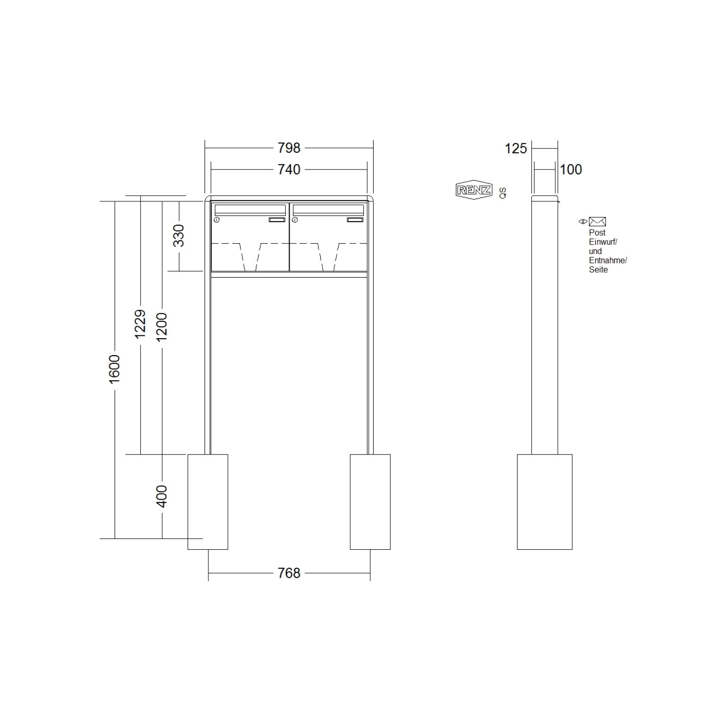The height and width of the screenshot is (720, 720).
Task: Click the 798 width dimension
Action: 289,148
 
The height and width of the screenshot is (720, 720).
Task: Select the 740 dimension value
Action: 289,170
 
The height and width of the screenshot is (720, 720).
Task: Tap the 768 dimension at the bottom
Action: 289,573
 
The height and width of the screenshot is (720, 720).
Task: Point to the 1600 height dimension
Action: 115,369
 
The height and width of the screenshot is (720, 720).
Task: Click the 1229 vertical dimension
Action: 140,323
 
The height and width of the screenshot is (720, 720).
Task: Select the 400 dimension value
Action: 162,496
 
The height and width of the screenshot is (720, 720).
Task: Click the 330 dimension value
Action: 179,236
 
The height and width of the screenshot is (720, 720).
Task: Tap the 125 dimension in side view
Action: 516,148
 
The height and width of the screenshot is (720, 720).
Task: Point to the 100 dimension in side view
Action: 571,170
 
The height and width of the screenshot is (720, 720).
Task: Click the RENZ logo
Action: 473,190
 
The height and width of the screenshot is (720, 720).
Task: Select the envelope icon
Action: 597,221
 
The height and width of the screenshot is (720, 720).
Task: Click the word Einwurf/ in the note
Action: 603,242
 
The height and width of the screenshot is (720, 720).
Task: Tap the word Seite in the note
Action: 598,269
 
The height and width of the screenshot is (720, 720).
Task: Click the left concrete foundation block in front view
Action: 208,501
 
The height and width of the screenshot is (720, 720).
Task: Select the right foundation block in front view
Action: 370,501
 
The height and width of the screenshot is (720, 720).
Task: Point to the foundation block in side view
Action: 544,501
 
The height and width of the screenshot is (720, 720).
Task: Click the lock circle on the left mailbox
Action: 217,220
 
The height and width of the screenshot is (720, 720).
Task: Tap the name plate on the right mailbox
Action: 355,220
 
